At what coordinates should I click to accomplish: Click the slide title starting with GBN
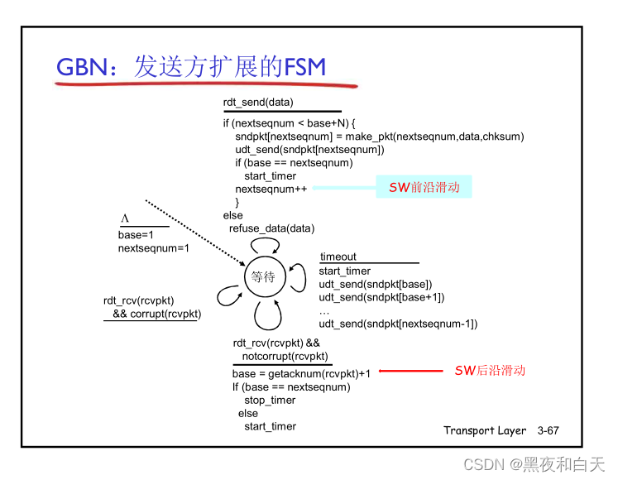coord(190,68)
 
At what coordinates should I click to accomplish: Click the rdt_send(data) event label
coord(257,103)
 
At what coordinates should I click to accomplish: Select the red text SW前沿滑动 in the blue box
coord(424,187)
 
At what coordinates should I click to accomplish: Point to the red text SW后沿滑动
coord(490,371)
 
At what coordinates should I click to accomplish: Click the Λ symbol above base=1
coord(126,218)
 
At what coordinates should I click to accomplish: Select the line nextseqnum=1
coord(154,247)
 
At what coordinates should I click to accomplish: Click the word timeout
coord(338,257)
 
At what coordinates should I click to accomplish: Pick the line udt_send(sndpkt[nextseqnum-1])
coord(398,324)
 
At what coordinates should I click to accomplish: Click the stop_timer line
coord(270,400)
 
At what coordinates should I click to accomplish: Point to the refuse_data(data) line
coord(272,228)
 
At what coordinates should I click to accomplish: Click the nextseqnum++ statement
coord(271,189)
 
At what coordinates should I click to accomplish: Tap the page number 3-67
coord(549,430)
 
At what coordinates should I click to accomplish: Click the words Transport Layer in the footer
coord(485,430)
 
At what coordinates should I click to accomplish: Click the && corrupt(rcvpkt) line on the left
coord(157,314)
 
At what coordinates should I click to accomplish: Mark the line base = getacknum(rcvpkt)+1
coord(301,373)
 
